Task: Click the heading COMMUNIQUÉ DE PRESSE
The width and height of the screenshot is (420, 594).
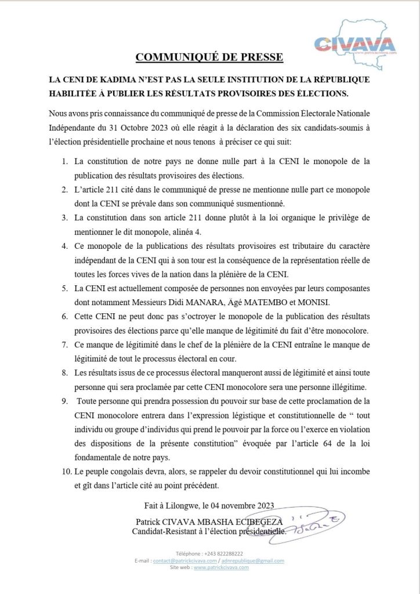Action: tap(209, 57)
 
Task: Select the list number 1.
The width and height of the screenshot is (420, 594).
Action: tap(64, 160)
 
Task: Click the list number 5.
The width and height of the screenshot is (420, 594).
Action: tap(64, 288)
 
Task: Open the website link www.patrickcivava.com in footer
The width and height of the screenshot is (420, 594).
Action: tap(221, 567)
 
